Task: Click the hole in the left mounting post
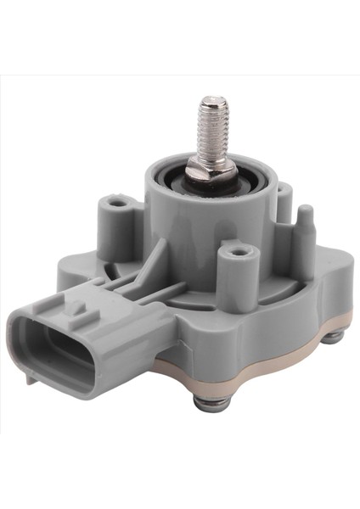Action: (115, 203)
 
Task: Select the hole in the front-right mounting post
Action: (238, 251)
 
